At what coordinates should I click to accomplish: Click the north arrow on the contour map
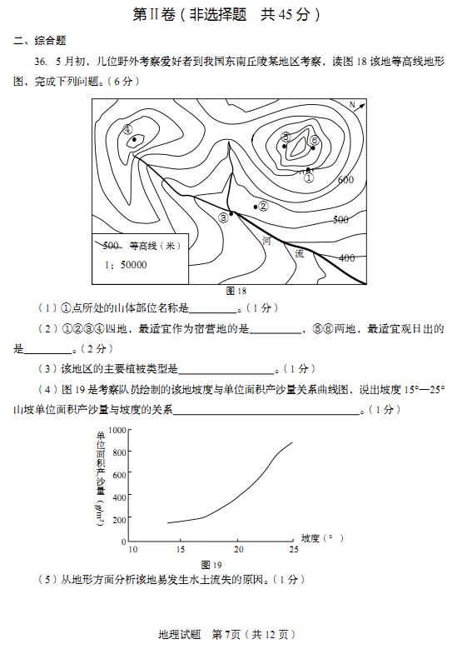pyautogui.click(x=356, y=107)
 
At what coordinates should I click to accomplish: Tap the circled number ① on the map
pyautogui.click(x=309, y=177)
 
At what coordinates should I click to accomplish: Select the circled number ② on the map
pyautogui.click(x=263, y=206)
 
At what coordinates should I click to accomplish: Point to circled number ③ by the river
pyautogui.click(x=222, y=217)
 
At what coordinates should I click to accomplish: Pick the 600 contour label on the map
pyautogui.click(x=345, y=180)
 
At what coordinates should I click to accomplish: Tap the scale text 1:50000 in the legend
pyautogui.click(x=126, y=265)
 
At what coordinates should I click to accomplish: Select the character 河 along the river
pyautogui.click(x=266, y=242)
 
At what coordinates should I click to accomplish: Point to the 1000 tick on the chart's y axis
pyautogui.click(x=117, y=430)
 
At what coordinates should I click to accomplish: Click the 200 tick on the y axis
pyautogui.click(x=119, y=519)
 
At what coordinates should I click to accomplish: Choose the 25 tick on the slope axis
pyautogui.click(x=293, y=548)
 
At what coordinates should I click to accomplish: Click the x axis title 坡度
pyautogui.click(x=310, y=538)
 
